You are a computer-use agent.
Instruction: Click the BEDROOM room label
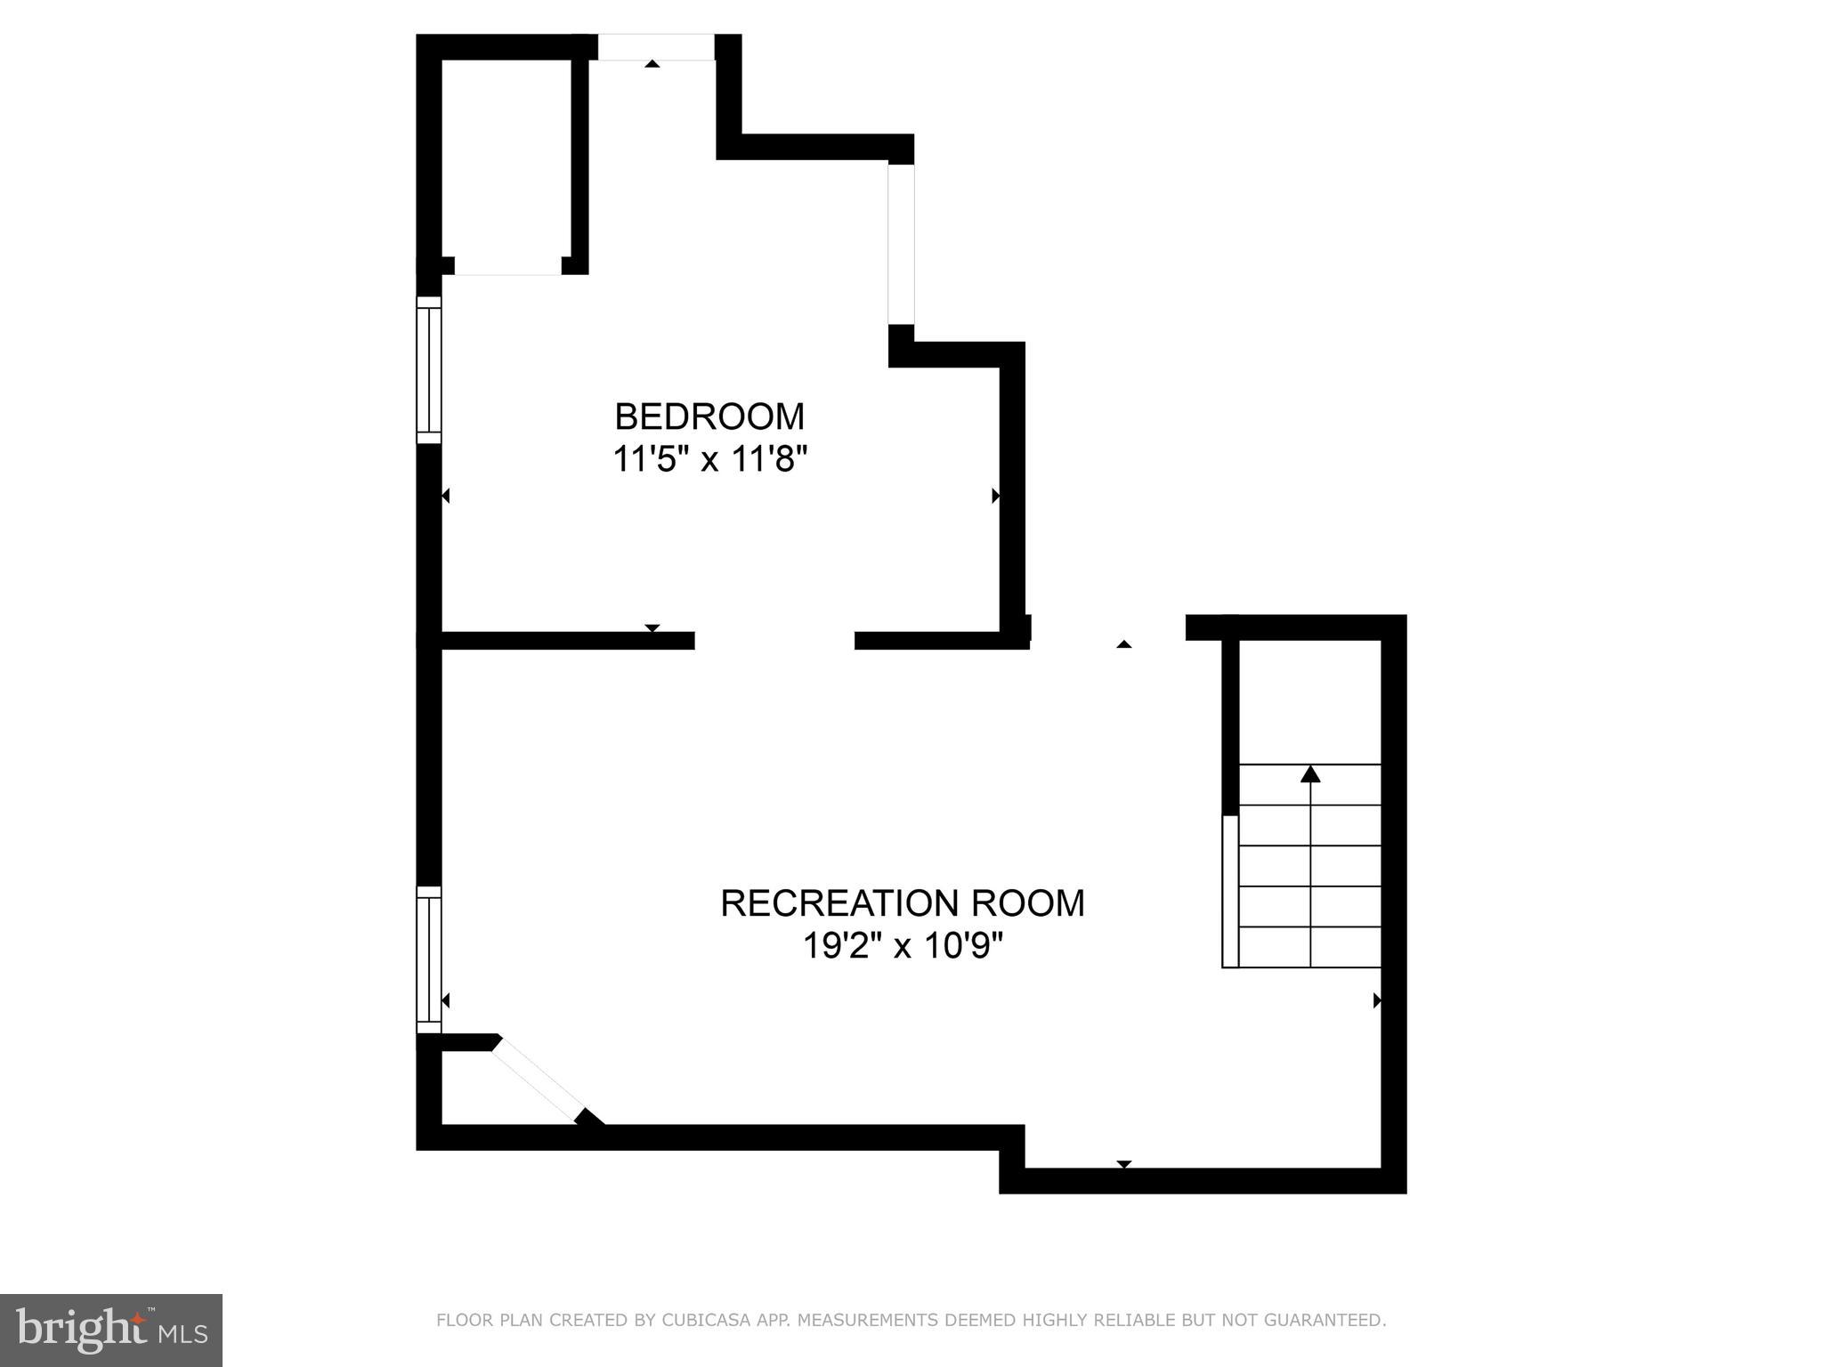click(709, 417)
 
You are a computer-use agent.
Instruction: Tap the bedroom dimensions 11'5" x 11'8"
click(709, 460)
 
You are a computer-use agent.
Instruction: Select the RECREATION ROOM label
click(902, 903)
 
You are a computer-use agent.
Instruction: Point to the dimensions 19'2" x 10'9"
click(902, 946)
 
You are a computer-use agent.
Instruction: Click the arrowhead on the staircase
click(1309, 774)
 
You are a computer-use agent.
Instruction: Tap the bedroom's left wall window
click(429, 369)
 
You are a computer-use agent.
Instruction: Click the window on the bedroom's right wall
click(901, 244)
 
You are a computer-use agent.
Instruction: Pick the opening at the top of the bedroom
click(655, 47)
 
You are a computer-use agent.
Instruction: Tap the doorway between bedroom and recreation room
click(774, 640)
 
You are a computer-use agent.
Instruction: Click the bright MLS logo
click(111, 1331)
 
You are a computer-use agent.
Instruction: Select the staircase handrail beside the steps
click(1230, 890)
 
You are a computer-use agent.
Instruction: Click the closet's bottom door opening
click(507, 267)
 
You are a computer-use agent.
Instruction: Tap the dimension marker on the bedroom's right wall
click(995, 496)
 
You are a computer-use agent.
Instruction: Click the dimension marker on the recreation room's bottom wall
click(1123, 1164)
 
